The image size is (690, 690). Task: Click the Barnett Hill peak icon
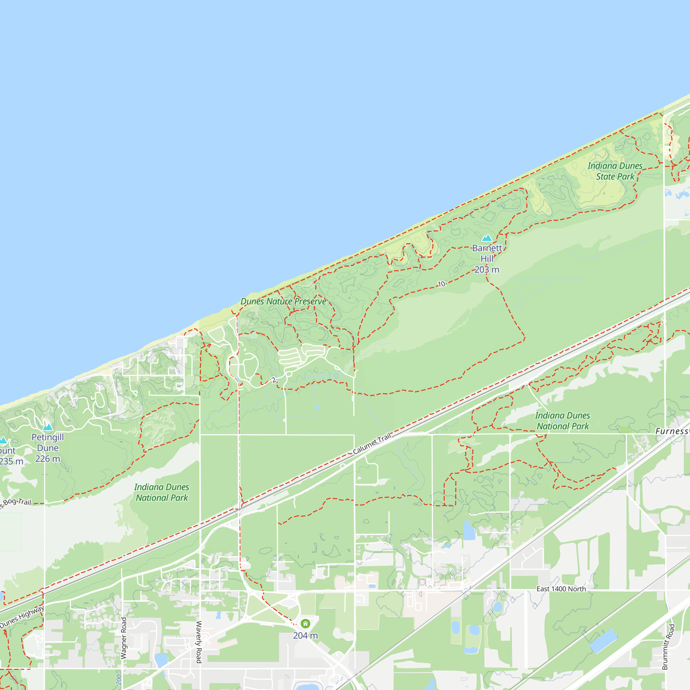pos(487,238)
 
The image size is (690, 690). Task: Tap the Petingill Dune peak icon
pos(48,427)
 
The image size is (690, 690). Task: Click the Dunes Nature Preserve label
pos(283,302)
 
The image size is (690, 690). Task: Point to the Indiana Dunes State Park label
pos(615,171)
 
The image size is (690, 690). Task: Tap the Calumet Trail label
pos(372,443)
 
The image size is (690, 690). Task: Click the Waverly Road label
pos(199,642)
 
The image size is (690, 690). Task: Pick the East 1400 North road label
pos(561,589)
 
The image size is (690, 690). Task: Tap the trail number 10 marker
pos(442,284)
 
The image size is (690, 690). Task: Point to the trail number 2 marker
pos(274,380)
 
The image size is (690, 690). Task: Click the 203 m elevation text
pos(487,270)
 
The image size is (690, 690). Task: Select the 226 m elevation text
pos(48,459)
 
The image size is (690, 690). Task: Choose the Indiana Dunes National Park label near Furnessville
pos(562,421)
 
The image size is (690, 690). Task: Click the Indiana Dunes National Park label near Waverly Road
pos(162,492)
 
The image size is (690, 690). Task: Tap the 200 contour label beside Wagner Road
pos(119,679)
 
